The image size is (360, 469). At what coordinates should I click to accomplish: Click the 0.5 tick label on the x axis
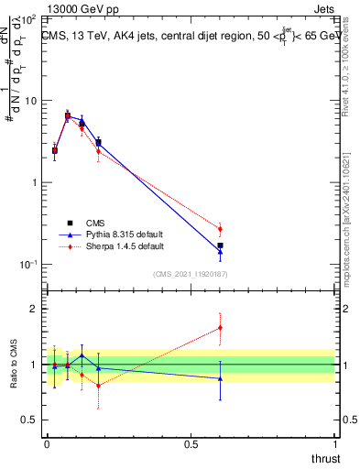pyautogui.click(x=191, y=442)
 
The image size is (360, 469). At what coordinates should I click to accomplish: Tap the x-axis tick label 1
pyautogui.click(x=334, y=442)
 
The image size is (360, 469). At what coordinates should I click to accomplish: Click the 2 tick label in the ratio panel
pyautogui.click(x=34, y=310)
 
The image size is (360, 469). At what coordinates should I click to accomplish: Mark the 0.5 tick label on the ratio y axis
pyautogui.click(x=30, y=420)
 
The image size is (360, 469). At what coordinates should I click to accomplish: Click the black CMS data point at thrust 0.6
pyautogui.click(x=220, y=245)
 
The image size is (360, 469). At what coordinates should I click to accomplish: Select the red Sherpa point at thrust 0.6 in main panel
pyautogui.click(x=220, y=229)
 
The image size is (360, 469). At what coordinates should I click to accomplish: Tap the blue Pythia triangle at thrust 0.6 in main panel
pyautogui.click(x=220, y=252)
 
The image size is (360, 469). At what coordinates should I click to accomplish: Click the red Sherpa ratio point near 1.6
pyautogui.click(x=220, y=328)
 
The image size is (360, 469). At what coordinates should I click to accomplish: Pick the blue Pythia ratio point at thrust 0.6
pyautogui.click(x=220, y=378)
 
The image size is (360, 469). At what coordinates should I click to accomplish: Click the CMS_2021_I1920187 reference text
pyautogui.click(x=191, y=274)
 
